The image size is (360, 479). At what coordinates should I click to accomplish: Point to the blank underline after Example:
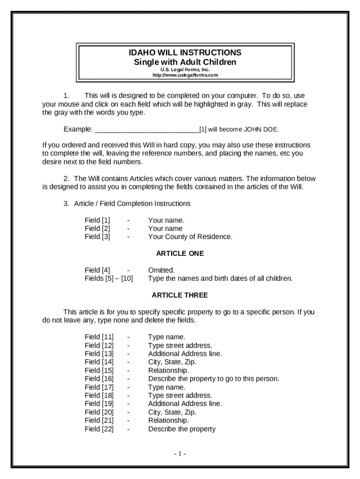pyautogui.click(x=147, y=129)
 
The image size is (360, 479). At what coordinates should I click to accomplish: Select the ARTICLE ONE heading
pyautogui.click(x=180, y=254)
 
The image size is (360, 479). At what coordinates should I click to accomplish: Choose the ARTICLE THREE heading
pyautogui.click(x=180, y=295)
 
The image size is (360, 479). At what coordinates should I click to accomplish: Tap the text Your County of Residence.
pyautogui.click(x=190, y=237)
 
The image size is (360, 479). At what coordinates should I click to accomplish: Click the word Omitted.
pyautogui.click(x=161, y=270)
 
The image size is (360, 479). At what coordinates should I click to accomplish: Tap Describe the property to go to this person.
pyautogui.click(x=213, y=379)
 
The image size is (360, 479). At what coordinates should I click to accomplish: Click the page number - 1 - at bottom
pyautogui.click(x=180, y=454)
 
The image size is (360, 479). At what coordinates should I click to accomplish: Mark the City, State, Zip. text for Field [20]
pyautogui.click(x=172, y=412)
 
